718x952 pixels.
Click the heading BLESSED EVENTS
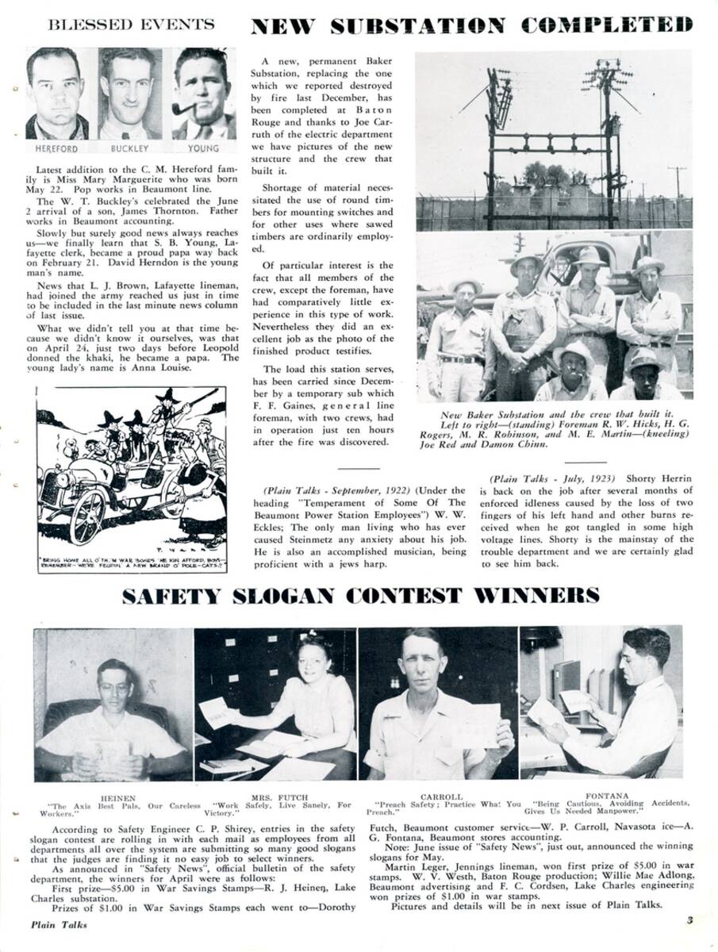[x=131, y=25]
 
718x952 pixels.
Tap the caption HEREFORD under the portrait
[x=56, y=148]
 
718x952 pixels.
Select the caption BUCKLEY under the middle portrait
[x=130, y=148]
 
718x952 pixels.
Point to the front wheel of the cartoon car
[x=87, y=515]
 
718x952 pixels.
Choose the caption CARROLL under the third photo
[x=436, y=797]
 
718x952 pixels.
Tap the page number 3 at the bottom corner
[x=689, y=920]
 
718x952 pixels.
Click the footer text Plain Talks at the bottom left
[x=59, y=924]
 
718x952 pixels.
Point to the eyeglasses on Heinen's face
[x=115, y=687]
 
